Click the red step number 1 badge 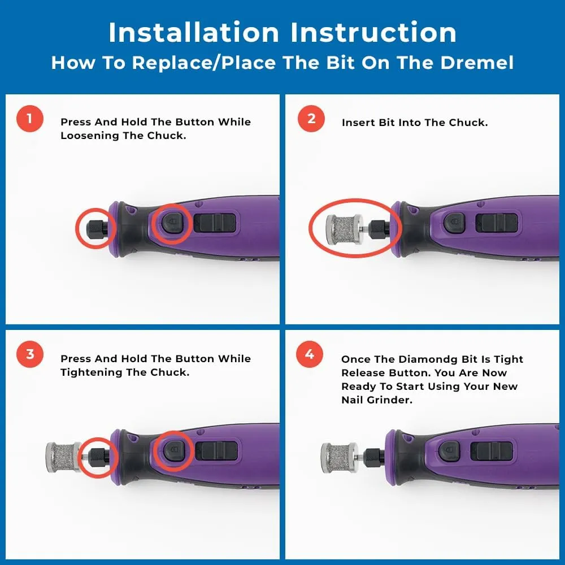(30, 119)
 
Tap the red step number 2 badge (311, 119)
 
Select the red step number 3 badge (30, 354)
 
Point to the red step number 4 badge (310, 354)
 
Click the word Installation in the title (194, 32)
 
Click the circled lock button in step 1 (172, 223)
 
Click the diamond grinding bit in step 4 (339, 457)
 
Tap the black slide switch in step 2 (497, 223)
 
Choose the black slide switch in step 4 (492, 451)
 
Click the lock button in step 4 (449, 451)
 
